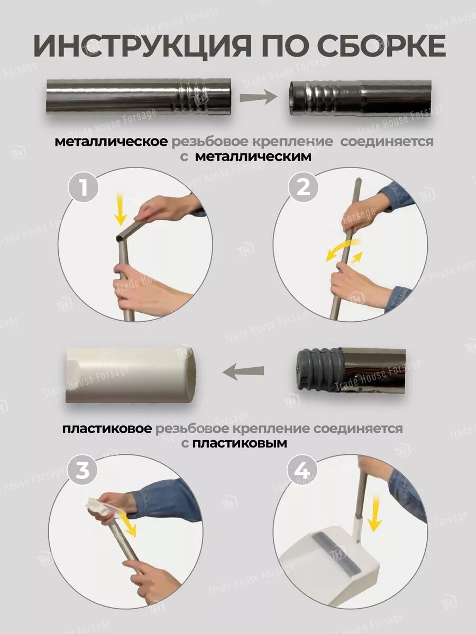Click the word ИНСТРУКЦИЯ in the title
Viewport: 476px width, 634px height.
tap(142, 45)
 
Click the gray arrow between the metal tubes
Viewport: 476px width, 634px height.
tap(258, 97)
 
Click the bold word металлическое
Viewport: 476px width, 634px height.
tap(111, 142)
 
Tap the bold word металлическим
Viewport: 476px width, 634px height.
tap(253, 157)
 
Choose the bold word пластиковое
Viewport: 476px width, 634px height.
tap(107, 429)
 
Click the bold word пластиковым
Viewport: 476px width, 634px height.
tap(240, 444)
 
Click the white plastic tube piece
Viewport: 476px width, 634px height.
tap(129, 375)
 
